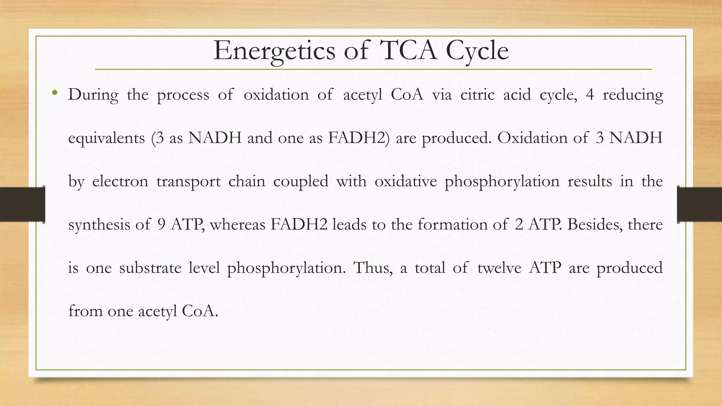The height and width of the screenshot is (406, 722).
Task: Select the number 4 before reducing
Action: [590, 94]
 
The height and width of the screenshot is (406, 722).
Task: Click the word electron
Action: [120, 182]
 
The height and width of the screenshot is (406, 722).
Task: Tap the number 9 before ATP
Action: [161, 224]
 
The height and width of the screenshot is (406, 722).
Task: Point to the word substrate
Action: [150, 268]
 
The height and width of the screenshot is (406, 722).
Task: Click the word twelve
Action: [499, 268]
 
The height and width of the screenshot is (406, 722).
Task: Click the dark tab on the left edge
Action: [22, 204]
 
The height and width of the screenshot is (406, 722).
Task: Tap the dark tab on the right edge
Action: [699, 204]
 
